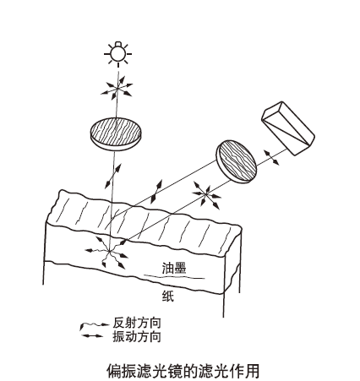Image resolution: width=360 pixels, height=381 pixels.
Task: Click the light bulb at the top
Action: click(118, 53)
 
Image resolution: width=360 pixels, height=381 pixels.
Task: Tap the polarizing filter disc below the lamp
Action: click(116, 134)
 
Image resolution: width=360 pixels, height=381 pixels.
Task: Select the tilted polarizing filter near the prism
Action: click(237, 161)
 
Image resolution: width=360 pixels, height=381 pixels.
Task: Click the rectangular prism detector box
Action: click(288, 128)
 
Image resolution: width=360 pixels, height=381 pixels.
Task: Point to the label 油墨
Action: click(174, 268)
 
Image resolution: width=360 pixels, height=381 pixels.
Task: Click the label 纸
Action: click(168, 297)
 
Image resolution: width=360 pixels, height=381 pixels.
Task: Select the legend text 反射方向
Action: click(137, 323)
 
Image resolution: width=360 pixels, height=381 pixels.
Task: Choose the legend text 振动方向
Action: click(137, 336)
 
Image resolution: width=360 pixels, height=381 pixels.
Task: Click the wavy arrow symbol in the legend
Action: click(94, 324)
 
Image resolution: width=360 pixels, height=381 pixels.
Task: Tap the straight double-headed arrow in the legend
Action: click(92, 335)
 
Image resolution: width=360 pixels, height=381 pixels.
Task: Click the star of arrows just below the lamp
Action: click(117, 88)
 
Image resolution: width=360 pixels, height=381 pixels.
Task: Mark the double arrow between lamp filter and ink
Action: click(113, 177)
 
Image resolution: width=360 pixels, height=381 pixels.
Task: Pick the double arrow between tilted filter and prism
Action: click(271, 158)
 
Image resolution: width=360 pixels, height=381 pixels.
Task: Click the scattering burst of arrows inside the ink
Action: click(108, 252)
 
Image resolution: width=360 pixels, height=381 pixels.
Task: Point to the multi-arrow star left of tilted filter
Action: click(206, 194)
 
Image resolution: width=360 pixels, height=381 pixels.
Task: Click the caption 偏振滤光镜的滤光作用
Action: click(183, 371)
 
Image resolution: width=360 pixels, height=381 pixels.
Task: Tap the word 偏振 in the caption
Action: click(122, 371)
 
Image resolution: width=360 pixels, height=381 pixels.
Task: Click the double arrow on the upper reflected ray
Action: click(156, 192)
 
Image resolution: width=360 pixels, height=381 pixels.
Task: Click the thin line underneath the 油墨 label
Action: click(174, 277)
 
